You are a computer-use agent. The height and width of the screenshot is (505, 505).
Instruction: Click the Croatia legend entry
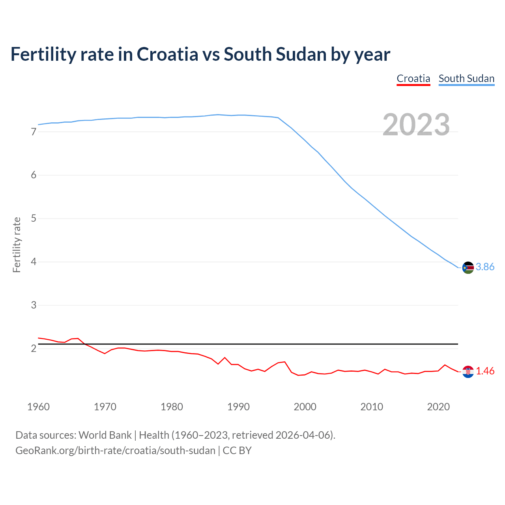[413, 79]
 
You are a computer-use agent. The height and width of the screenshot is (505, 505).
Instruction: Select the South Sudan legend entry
[466, 79]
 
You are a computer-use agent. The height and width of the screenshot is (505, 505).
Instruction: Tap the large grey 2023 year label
[416, 125]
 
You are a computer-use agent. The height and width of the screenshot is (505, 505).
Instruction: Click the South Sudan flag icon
[468, 267]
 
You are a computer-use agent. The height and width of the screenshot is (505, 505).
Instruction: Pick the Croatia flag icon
[468, 372]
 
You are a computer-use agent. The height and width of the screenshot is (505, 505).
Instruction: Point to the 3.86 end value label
[485, 267]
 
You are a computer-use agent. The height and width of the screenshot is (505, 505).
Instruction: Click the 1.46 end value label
[485, 371]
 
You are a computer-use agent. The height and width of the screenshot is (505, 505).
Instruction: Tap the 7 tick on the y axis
[34, 132]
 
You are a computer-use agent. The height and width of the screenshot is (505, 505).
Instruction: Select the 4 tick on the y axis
[34, 262]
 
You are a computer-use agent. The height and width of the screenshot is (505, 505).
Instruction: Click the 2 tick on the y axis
[34, 349]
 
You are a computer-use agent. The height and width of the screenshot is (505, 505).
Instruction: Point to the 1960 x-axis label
[38, 407]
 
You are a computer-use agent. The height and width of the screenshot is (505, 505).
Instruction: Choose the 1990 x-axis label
[238, 407]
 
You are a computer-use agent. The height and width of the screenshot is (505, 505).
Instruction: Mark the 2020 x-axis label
[438, 407]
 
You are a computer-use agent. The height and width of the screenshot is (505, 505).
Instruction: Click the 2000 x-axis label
[305, 407]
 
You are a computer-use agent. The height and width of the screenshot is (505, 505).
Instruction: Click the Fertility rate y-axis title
[17, 245]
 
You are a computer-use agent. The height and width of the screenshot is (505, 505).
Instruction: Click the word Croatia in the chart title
[167, 54]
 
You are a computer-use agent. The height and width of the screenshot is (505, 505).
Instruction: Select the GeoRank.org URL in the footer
[115, 451]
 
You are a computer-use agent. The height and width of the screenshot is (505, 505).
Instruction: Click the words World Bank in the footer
[105, 435]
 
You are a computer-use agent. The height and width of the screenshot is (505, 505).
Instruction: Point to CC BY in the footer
[237, 451]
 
